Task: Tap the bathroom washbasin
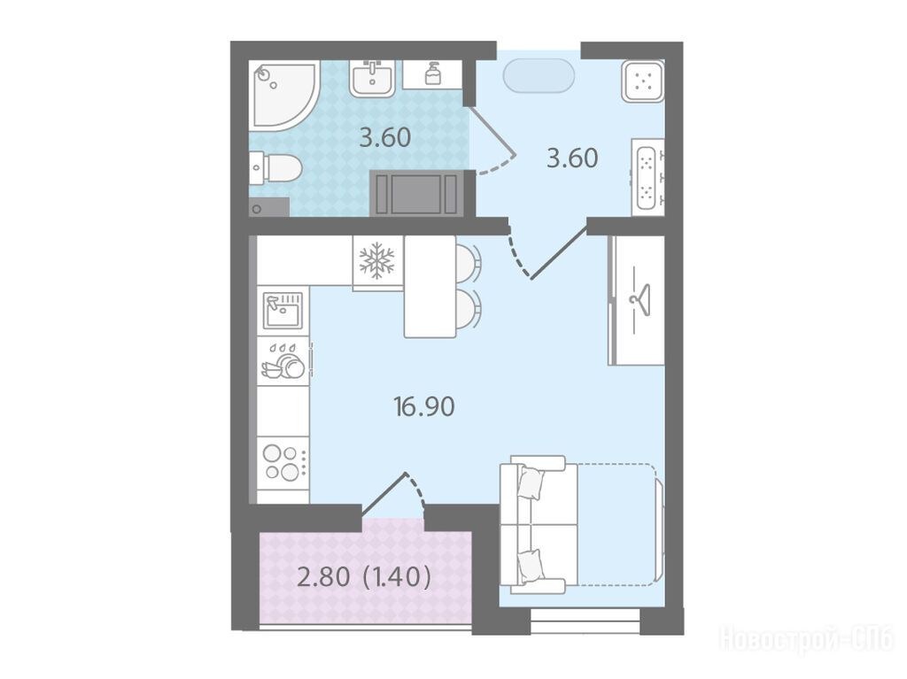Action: click(372, 78)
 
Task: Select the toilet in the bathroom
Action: click(276, 167)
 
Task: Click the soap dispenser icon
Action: click(432, 74)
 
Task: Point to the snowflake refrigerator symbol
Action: click(376, 260)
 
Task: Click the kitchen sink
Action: click(283, 311)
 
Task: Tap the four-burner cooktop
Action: click(283, 463)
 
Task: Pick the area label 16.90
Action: click(424, 407)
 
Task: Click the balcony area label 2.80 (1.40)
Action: click(364, 576)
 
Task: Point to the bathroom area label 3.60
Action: click(385, 137)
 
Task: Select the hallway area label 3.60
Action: click(572, 158)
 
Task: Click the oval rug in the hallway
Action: click(539, 76)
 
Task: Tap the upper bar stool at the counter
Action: click(468, 262)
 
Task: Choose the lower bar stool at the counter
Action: click(468, 310)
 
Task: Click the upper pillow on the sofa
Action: click(531, 482)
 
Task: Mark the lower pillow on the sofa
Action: click(530, 566)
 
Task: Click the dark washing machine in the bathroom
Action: click(416, 193)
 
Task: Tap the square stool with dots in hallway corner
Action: click(643, 81)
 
